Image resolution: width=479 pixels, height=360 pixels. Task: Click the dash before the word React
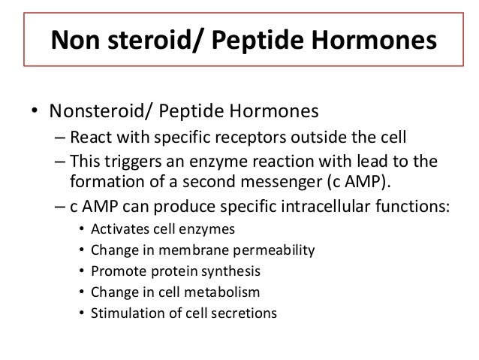60,138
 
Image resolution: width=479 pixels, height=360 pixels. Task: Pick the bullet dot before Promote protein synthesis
81,270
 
